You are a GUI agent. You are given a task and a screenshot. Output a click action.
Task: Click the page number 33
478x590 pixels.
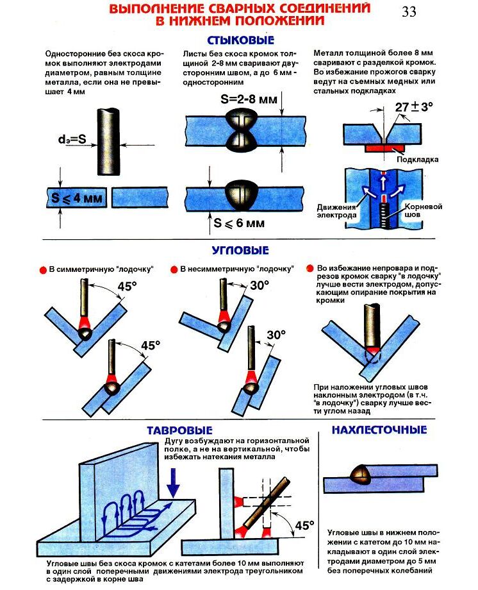(409, 12)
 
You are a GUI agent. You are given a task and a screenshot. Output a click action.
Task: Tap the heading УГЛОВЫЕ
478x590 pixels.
(240, 250)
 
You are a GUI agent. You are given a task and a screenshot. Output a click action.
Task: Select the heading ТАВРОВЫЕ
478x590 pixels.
(179, 430)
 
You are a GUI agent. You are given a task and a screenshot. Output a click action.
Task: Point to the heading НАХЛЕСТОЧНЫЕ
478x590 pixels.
(379, 430)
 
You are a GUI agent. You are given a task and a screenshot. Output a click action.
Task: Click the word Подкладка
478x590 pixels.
(416, 158)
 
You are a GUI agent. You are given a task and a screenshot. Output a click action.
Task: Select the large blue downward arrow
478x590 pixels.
(174, 480)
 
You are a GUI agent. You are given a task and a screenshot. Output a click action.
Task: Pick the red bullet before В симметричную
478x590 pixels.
(43, 269)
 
